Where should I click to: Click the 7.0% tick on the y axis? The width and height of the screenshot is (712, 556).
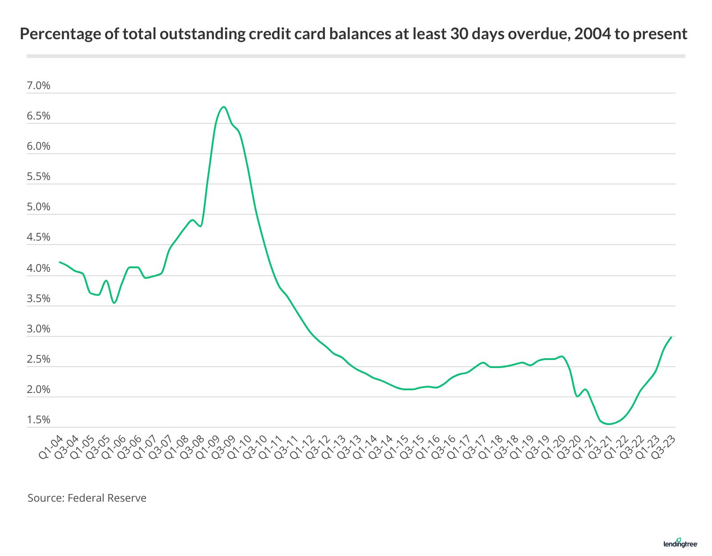(39, 86)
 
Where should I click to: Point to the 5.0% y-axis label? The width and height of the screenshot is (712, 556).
(39, 207)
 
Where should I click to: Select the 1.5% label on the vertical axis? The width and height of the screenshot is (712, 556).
(39, 420)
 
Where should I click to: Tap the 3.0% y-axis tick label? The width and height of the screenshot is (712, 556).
(39, 329)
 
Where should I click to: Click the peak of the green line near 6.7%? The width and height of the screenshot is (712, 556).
(224, 107)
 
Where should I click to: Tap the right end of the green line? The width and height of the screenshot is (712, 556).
(671, 337)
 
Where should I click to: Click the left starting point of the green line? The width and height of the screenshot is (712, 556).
(60, 262)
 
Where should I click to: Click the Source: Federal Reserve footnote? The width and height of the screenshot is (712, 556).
(87, 498)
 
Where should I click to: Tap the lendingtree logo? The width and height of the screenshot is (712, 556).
(680, 543)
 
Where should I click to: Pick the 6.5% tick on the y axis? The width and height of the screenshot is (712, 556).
(39, 116)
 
